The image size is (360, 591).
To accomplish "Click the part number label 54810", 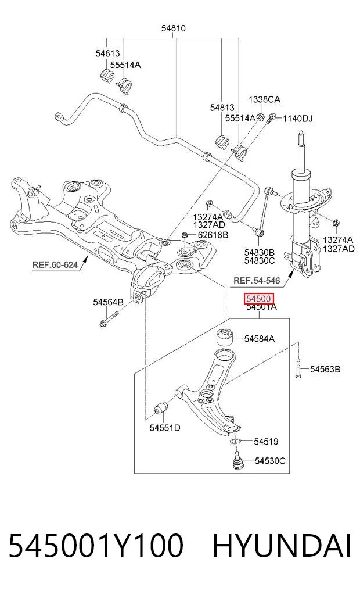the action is [173, 28].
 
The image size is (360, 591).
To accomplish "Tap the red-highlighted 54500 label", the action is [258, 299].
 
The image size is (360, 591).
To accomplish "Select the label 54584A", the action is [260, 339].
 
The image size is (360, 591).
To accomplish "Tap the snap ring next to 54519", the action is [235, 442].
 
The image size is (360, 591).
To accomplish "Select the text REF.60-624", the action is [55, 264].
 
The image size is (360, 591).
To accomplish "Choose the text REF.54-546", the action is [257, 281].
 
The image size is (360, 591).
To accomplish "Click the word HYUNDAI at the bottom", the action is [282, 546].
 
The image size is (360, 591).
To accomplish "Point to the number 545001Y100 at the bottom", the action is [96, 546].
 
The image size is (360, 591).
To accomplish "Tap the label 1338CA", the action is [264, 99].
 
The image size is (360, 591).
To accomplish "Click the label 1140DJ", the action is [297, 119].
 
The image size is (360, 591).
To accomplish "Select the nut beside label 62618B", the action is [185, 235].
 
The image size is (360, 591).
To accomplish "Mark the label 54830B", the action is [260, 252].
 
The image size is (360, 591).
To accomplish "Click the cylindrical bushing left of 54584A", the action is [225, 337].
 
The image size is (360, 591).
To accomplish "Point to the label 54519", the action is [266, 442].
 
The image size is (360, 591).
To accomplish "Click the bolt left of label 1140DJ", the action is [272, 119].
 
